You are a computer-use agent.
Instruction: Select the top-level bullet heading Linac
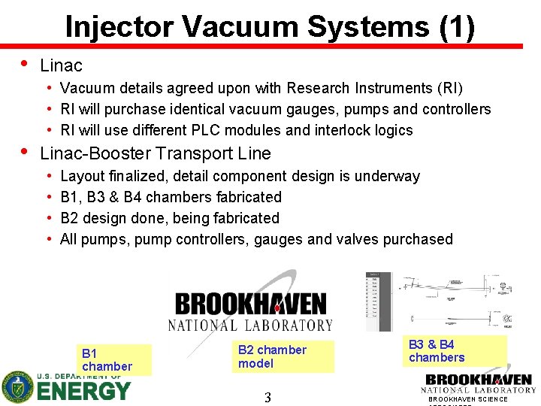coord(61,66)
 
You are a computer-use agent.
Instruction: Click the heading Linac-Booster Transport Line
coord(155,153)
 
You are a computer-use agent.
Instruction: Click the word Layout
coord(84,176)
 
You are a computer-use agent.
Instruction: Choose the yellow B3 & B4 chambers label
coord(454,351)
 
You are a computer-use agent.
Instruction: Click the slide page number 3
coord(267,397)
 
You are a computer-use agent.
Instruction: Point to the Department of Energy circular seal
coord(17,388)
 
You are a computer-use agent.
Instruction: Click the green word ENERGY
coord(83,391)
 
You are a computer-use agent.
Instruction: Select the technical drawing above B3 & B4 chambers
coord(452,301)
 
